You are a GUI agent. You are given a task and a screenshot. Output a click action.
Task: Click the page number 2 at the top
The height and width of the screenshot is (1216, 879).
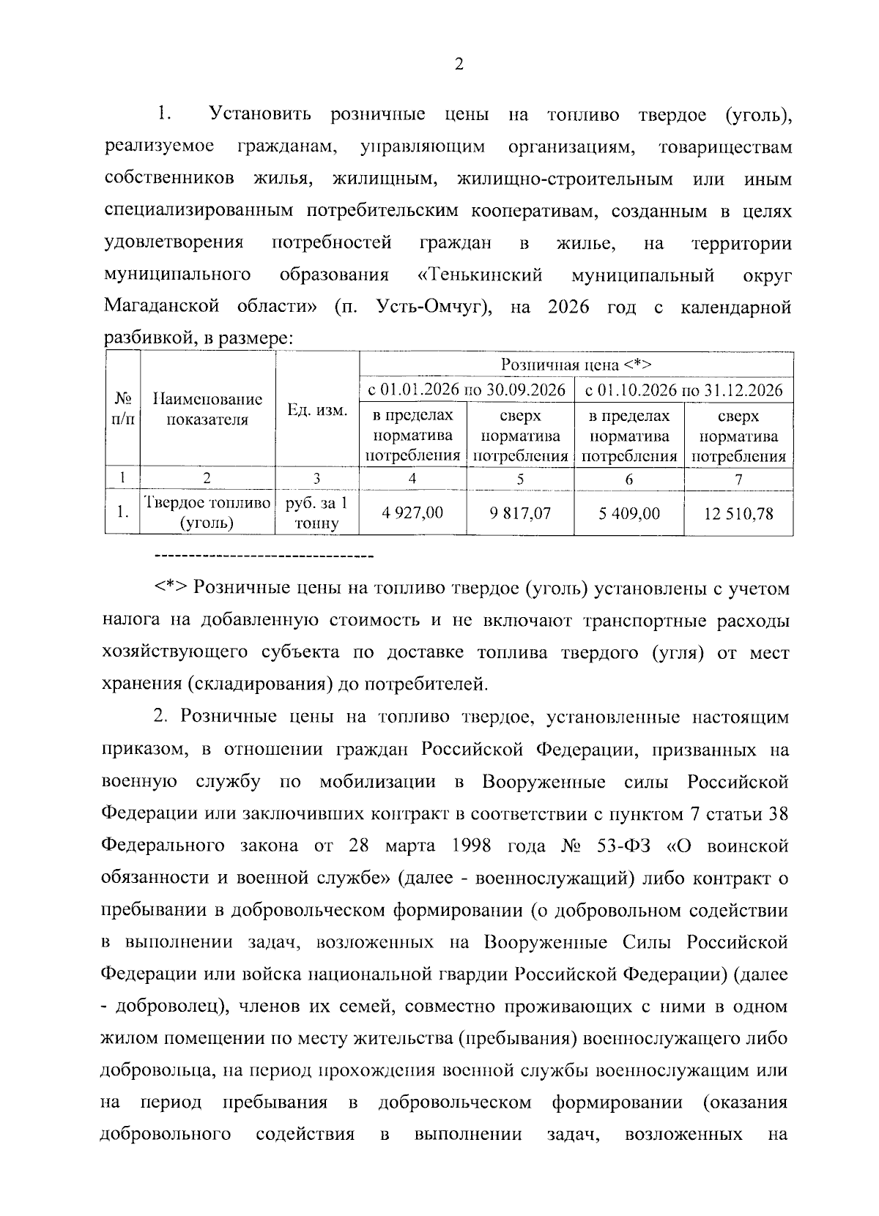(459, 64)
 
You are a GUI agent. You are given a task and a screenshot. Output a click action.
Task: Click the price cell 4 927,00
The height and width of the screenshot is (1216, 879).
(412, 512)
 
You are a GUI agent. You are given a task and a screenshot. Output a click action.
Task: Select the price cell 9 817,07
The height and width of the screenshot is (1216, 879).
(520, 512)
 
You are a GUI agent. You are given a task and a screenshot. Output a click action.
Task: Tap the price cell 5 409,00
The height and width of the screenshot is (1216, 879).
(628, 513)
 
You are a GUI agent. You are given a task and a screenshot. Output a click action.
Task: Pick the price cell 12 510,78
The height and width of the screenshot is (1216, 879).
(738, 513)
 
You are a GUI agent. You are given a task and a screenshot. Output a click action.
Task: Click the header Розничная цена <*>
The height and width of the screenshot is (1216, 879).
(576, 365)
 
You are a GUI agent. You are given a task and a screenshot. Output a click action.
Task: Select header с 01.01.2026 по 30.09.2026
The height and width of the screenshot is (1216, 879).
(467, 389)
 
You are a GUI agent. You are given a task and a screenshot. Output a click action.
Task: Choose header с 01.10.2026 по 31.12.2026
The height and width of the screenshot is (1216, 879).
(684, 389)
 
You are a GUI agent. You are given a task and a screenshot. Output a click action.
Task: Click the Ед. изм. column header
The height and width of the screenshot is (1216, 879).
(317, 410)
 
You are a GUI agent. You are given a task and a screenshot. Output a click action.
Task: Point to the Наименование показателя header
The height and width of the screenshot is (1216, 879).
(207, 409)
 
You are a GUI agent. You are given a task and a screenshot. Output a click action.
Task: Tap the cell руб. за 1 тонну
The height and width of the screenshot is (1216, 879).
(317, 513)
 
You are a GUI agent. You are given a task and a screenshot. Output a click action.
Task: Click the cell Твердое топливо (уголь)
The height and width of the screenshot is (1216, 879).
(207, 513)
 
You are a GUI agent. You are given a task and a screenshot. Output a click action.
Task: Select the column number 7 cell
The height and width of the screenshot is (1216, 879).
(738, 479)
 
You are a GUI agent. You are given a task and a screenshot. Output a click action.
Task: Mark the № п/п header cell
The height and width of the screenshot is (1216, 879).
(122, 409)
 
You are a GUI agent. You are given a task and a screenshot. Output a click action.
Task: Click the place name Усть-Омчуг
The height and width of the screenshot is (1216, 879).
(432, 307)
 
